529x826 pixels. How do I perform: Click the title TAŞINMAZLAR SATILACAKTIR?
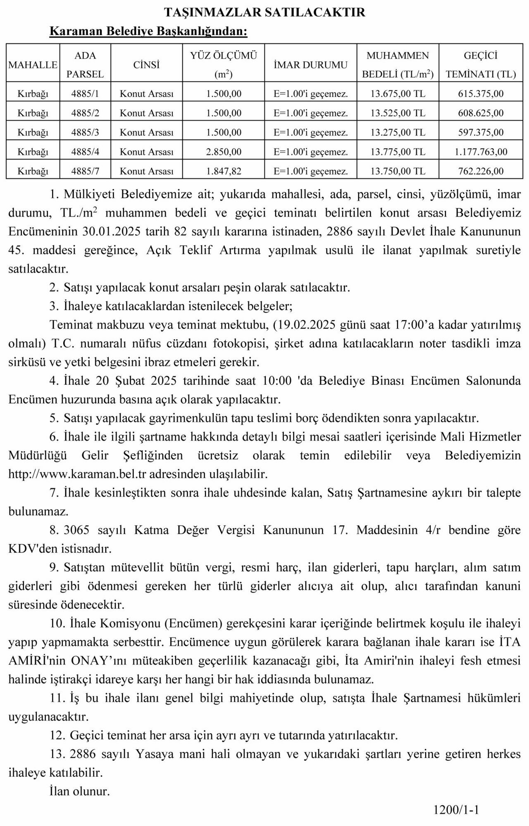coord(264,12)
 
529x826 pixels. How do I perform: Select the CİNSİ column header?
coord(146,65)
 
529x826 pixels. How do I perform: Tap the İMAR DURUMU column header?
coord(310,65)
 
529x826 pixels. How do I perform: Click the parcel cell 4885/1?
coord(85,94)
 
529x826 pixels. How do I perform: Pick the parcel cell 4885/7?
coord(85,171)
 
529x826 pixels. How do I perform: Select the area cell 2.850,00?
coord(224,152)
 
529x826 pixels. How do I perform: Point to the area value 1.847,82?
coord(224,171)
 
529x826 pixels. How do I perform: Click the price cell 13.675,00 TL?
coord(398,94)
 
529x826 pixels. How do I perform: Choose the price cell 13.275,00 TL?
coord(398,133)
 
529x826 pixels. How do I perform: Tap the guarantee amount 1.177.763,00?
coord(481,152)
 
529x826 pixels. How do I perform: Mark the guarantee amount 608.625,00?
coord(481,113)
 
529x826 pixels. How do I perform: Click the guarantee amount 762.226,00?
coord(481,171)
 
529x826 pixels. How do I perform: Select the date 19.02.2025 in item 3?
coord(306,325)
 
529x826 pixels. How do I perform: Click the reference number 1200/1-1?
coord(456,809)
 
